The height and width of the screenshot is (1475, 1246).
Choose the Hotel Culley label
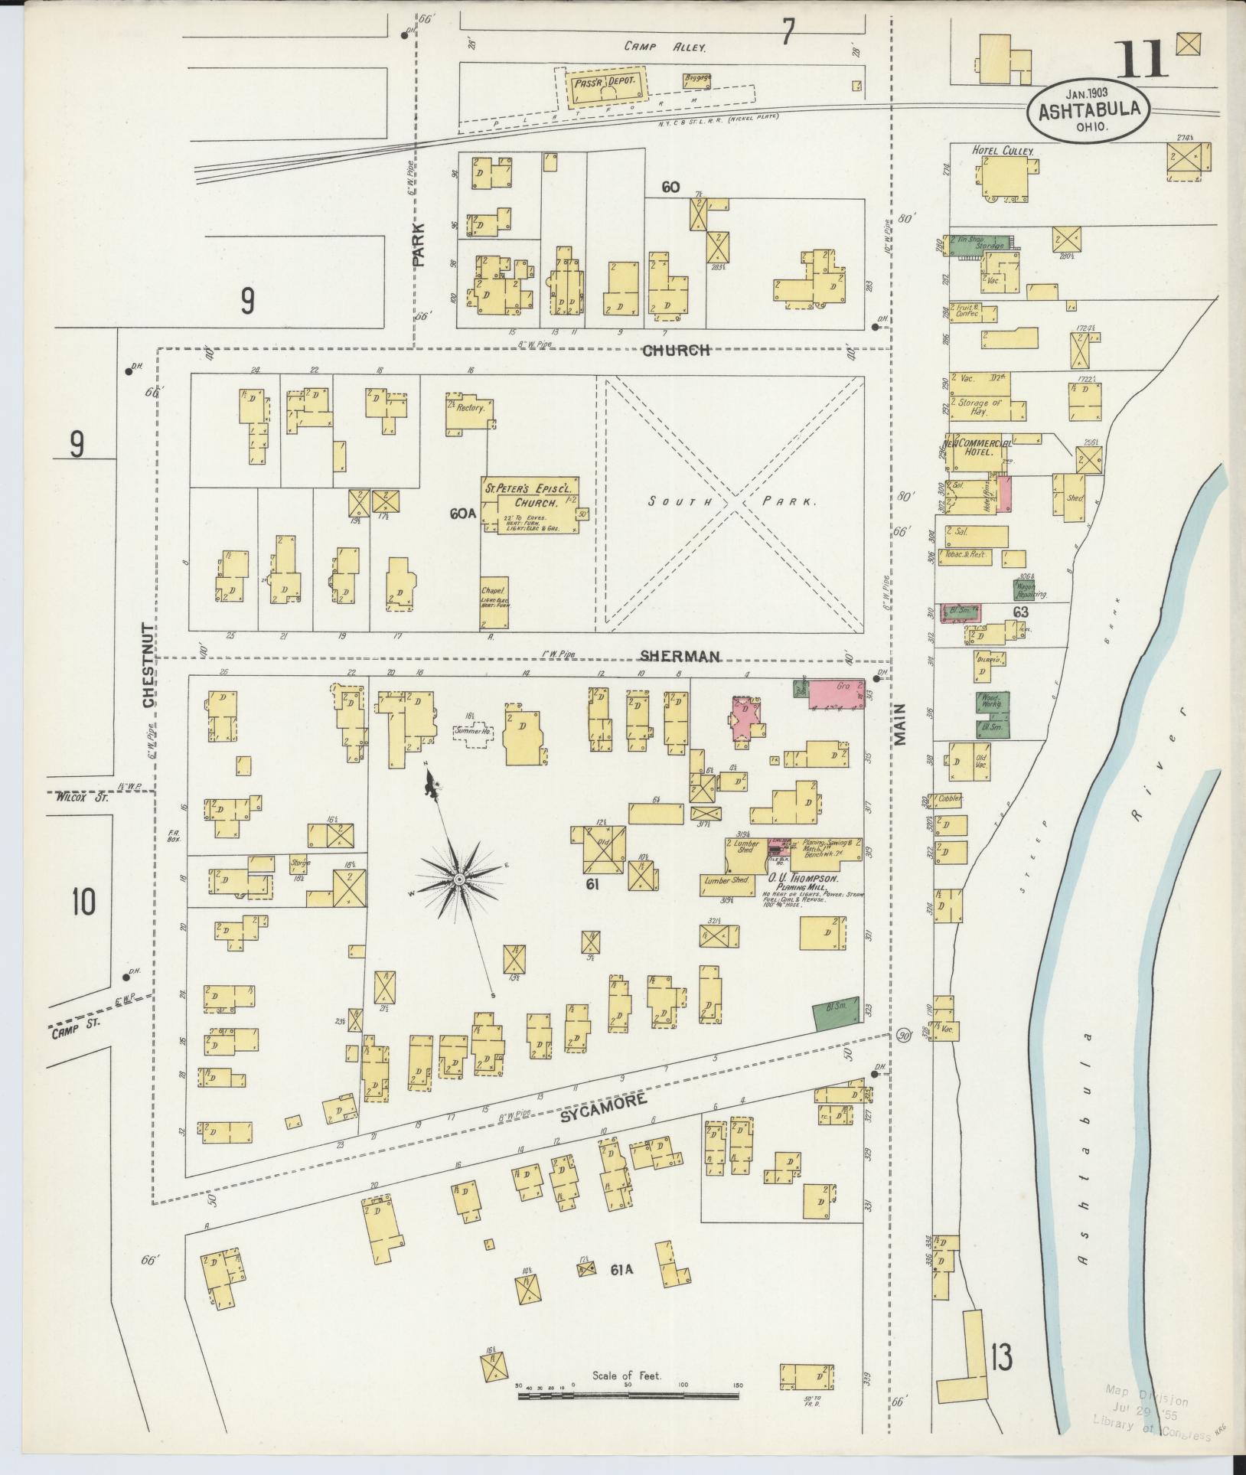(1002, 152)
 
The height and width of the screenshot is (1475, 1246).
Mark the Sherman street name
(680, 656)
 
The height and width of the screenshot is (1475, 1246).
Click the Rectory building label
(470, 408)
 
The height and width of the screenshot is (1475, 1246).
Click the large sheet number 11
(1141, 61)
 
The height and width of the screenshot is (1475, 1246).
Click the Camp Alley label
(664, 47)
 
